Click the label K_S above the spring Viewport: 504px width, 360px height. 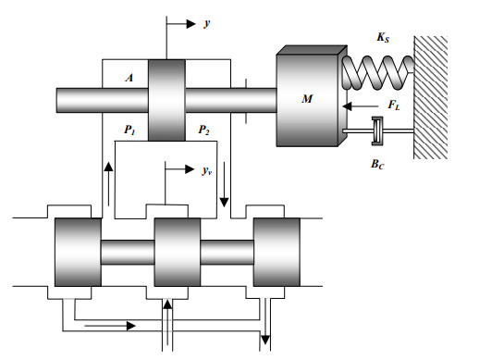coord(383,37)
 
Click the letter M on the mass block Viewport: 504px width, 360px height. coord(307,99)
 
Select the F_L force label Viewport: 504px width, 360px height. coord(394,105)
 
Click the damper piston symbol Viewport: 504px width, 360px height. coord(377,130)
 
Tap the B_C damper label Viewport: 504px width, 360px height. coord(377,164)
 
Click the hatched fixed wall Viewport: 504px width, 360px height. coord(430,97)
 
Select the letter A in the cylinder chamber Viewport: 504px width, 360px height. coord(129,78)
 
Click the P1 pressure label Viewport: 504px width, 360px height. coord(129,130)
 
